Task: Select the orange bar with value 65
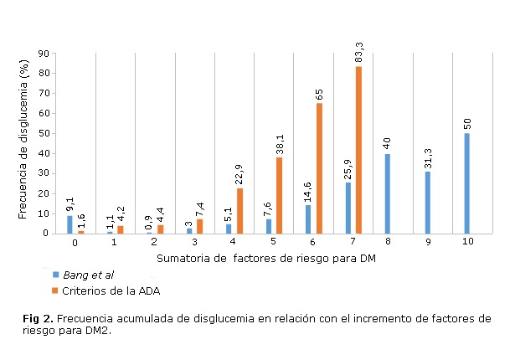pyautogui.click(x=319, y=167)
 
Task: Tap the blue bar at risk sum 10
pyautogui.click(x=466, y=183)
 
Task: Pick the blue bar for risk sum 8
pyautogui.click(x=387, y=193)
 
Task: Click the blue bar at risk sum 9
pyautogui.click(x=427, y=202)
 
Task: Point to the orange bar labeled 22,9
pyautogui.click(x=240, y=211)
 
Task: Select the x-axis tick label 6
pyautogui.click(x=311, y=241)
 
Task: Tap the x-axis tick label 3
pyautogui.click(x=193, y=241)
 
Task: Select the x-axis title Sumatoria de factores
pyautogui.click(x=260, y=258)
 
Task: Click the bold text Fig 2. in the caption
pyautogui.click(x=38, y=319)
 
